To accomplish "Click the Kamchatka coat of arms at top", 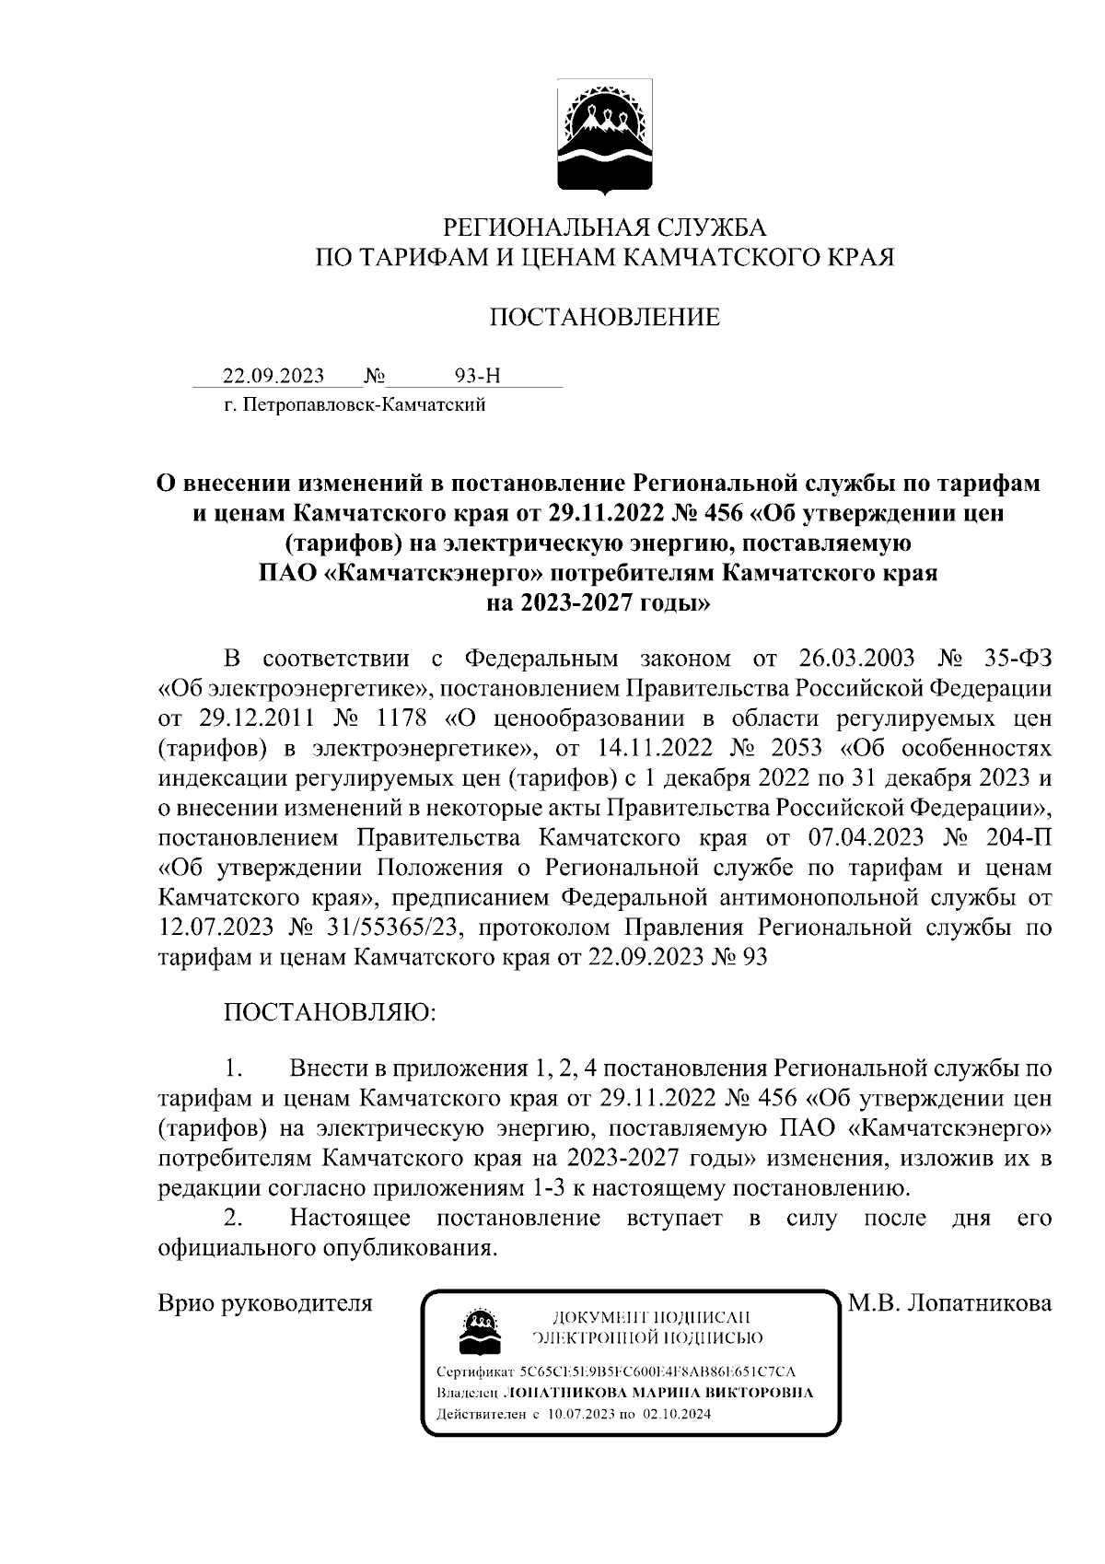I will [x=603, y=137].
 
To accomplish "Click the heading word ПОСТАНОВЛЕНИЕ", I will [x=603, y=318].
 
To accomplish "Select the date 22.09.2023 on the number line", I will [x=273, y=376].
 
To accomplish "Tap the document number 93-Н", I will [x=479, y=376].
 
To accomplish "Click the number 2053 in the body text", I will [x=797, y=749].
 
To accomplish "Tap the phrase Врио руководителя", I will [x=265, y=1303].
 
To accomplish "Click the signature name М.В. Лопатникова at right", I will [x=949, y=1303].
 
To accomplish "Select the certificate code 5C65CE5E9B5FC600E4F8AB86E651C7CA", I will [x=657, y=1371].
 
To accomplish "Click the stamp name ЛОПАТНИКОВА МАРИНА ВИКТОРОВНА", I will [x=660, y=1393].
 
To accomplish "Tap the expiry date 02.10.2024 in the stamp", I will [x=678, y=1414].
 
